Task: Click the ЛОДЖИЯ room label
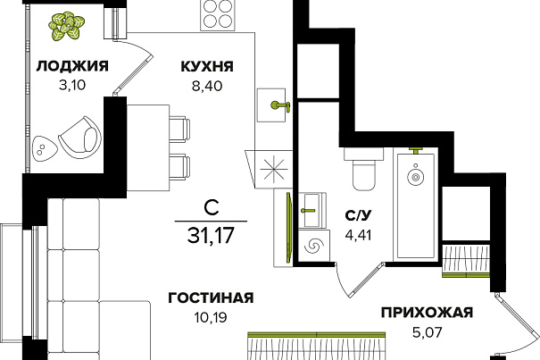click(x=72, y=66)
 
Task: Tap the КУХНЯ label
click(x=207, y=66)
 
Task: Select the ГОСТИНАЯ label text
click(x=211, y=297)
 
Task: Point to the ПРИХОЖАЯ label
click(x=427, y=313)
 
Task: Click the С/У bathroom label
click(x=359, y=215)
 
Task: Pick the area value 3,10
click(x=72, y=85)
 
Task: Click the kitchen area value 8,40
click(x=207, y=86)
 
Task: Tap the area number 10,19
click(x=211, y=317)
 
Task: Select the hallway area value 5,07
click(x=427, y=332)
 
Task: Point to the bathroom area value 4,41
click(x=358, y=235)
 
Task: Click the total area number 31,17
click(x=211, y=235)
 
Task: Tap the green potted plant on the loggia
click(x=67, y=26)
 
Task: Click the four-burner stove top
click(x=217, y=15)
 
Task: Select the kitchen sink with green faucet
click(x=272, y=105)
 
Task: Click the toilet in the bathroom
click(x=363, y=170)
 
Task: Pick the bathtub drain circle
click(x=415, y=177)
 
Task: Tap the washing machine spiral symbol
click(x=314, y=246)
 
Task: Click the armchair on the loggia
click(x=81, y=137)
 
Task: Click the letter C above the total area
click(x=211, y=208)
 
